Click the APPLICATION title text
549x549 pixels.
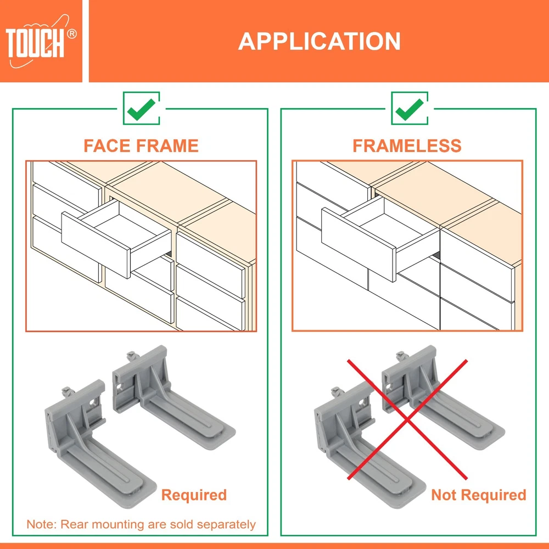click(320, 41)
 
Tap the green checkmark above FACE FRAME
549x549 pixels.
click(142, 109)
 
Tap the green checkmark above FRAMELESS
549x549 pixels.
click(410, 109)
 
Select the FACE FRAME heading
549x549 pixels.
click(141, 145)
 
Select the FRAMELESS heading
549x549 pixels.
click(407, 145)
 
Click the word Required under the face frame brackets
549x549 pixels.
click(194, 495)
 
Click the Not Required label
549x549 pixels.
click(479, 495)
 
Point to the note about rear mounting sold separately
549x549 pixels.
click(141, 524)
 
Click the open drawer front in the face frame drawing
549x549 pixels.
click(96, 245)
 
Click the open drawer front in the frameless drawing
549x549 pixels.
click(358, 244)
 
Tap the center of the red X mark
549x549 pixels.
click(407, 419)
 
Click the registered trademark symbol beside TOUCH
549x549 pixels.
click(71, 33)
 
